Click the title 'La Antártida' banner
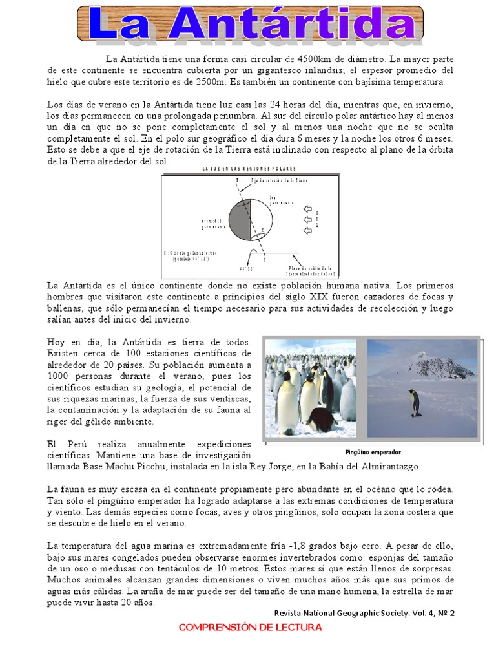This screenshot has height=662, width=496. pyautogui.click(x=251, y=24)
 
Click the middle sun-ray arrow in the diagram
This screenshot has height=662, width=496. pyautogui.click(x=307, y=220)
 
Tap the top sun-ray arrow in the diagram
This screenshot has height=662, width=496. pyautogui.click(x=307, y=209)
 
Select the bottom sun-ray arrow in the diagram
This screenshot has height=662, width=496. pyautogui.click(x=307, y=232)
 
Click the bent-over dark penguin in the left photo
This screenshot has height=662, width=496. pyautogui.click(x=320, y=418)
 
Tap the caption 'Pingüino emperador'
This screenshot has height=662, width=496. pyautogui.click(x=373, y=453)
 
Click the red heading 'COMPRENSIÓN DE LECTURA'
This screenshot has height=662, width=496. pyautogui.click(x=250, y=628)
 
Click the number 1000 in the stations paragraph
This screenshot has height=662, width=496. pyautogui.click(x=59, y=376)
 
